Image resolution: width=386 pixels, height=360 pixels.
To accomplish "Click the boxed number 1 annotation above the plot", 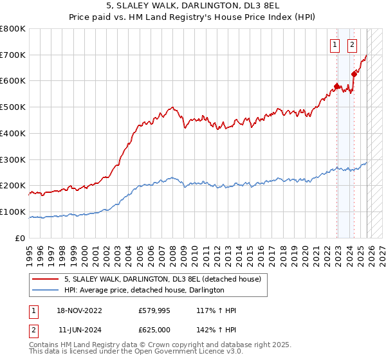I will [x=336, y=45].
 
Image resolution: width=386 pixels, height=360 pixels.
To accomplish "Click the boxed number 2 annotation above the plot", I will [x=353, y=45].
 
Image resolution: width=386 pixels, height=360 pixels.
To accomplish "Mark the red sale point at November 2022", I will [x=336, y=86].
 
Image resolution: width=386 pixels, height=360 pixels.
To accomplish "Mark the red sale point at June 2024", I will [x=354, y=75].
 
